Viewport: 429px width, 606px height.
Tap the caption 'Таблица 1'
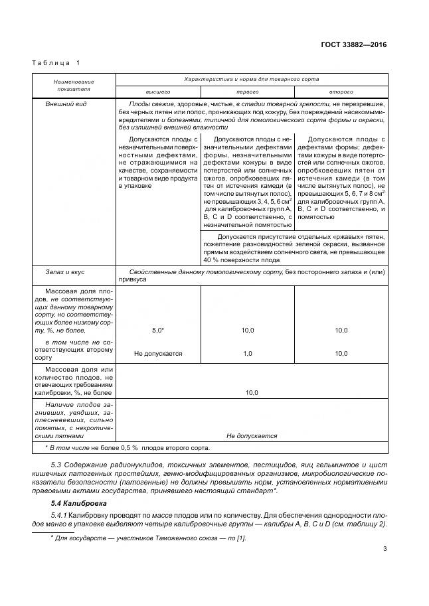pos(55,63)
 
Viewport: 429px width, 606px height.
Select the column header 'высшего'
pos(158,91)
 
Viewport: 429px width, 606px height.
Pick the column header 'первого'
pos(247,91)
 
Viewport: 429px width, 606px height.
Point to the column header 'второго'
pos(341,91)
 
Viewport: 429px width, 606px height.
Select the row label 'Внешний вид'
pos(62,104)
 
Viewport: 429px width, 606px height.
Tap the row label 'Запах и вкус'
pos(64,272)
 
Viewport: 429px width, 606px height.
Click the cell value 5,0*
pos(158,330)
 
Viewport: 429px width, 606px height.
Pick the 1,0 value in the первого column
pos(247,354)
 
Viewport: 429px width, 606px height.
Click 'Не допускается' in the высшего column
pos(158,354)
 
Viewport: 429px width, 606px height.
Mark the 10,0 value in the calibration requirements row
pos(252,393)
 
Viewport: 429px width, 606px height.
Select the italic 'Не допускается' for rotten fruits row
pos(252,436)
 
